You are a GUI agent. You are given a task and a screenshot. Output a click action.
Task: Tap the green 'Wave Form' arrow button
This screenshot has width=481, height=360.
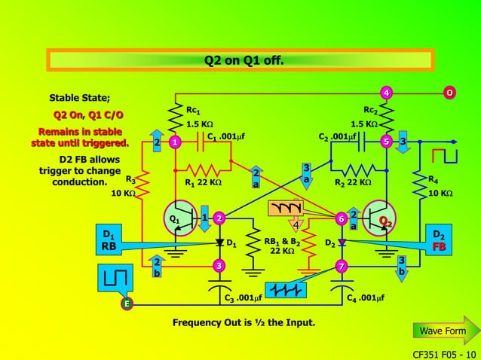[x=443, y=331]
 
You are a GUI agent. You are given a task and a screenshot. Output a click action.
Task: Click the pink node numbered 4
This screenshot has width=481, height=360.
[x=386, y=93]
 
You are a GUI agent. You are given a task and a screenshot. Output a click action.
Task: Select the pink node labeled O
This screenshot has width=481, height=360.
[x=449, y=93]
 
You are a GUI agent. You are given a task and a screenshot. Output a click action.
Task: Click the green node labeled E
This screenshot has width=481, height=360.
[x=127, y=304]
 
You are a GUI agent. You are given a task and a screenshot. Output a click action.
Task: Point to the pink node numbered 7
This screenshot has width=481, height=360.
[x=341, y=267]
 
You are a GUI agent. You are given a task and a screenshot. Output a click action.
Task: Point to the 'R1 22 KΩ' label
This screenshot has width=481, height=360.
[x=203, y=182]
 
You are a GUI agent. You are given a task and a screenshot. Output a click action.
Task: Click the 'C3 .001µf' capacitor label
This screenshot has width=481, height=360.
[x=244, y=298]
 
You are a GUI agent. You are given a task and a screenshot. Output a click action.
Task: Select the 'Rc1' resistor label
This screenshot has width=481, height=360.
[x=194, y=111]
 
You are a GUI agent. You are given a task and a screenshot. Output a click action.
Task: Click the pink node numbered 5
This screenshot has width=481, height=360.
[x=386, y=142]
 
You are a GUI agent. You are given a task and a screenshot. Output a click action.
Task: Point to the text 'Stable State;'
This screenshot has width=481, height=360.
[x=79, y=98]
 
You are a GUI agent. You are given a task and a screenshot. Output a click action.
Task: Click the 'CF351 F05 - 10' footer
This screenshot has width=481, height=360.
[x=444, y=353]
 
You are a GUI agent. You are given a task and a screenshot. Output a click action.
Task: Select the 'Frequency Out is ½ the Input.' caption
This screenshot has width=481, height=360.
[x=244, y=323]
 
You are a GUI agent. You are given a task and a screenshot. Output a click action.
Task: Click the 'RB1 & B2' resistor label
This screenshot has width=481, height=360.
[x=283, y=242]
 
